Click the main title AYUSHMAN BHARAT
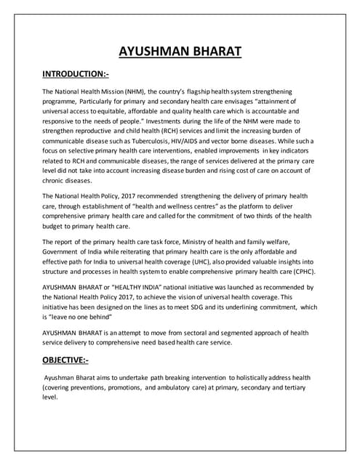[180, 52]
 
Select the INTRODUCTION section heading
[74, 75]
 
